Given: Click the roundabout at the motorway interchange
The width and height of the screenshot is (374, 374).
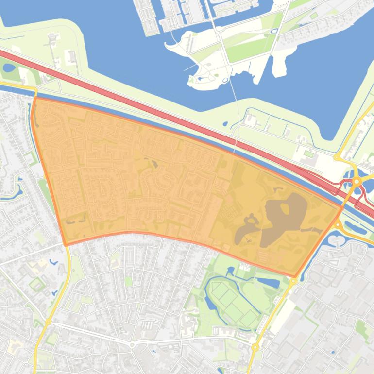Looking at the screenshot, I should coord(357,181).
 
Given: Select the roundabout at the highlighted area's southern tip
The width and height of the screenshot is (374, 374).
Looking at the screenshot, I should coord(293,281).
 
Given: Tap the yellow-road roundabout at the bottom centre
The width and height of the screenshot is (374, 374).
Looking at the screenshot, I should coord(255,347).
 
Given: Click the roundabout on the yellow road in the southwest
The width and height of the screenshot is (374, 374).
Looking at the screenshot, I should coord(48,322).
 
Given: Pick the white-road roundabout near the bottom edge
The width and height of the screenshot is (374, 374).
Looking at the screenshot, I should coord(132,345).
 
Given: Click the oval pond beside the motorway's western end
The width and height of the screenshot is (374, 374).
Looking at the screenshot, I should coord(9,68).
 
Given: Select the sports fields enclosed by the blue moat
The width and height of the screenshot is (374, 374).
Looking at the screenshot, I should coord(233,301).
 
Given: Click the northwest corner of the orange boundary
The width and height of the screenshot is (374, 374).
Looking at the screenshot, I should coord(35,98).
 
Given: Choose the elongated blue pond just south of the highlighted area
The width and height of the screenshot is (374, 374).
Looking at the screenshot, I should coord(268,282).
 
